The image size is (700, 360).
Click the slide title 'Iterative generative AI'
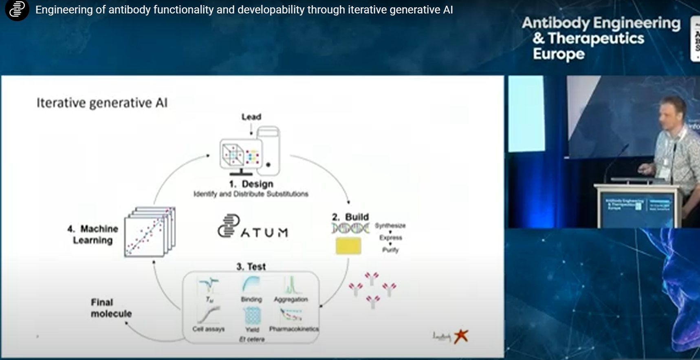(x=102, y=103)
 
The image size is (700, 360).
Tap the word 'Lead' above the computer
(x=251, y=117)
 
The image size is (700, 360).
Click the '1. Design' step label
(x=251, y=184)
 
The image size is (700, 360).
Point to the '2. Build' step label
(x=350, y=217)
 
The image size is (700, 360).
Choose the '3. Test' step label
(x=251, y=267)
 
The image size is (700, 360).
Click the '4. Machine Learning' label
(x=93, y=234)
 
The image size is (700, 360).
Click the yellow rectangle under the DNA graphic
(x=348, y=246)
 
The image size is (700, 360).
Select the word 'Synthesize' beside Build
(x=390, y=225)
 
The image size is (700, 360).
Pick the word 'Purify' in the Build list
(x=390, y=250)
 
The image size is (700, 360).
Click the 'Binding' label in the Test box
(x=251, y=299)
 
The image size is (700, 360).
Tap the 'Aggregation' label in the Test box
(x=291, y=299)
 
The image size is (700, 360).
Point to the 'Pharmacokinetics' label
(x=294, y=329)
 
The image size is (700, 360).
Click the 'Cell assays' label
(x=208, y=329)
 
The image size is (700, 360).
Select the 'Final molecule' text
(x=111, y=308)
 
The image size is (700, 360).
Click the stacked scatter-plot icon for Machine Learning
(x=149, y=232)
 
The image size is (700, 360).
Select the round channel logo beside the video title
(x=17, y=10)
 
